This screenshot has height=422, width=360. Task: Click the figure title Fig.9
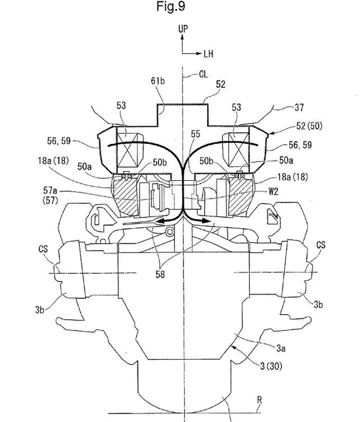pos(171,6)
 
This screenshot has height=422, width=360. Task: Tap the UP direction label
pos(183,29)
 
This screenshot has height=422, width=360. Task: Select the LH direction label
pos(208,54)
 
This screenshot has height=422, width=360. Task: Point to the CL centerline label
pos(203,74)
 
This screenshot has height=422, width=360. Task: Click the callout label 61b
pos(158,80)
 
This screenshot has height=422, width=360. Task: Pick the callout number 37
pos(299,108)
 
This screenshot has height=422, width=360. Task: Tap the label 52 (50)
pos(309,126)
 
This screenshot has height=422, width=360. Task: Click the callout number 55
pos(195,134)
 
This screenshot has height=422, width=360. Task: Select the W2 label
pos(273,192)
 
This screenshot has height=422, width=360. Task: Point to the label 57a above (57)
pos(50,191)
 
